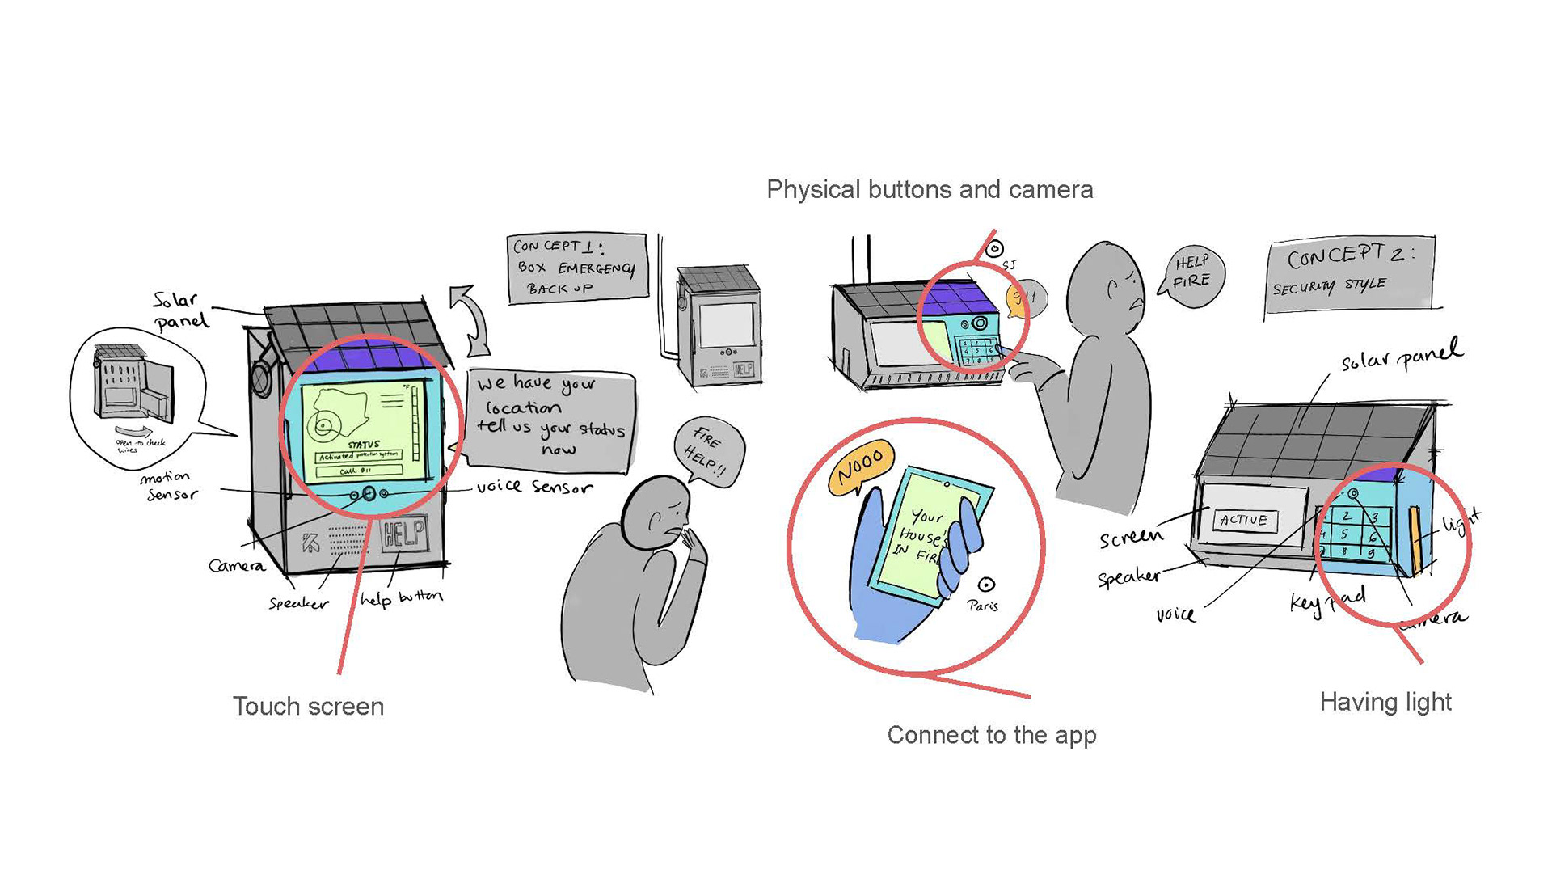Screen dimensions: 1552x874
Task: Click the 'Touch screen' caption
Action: pos(308,707)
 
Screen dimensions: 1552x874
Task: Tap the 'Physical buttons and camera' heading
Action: pos(930,190)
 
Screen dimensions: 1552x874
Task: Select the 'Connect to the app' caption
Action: pos(992,735)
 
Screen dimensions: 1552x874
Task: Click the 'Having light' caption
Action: pos(1385,702)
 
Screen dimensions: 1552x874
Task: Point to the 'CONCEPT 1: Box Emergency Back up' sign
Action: pos(577,268)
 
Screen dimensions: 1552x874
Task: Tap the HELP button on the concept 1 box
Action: pos(403,534)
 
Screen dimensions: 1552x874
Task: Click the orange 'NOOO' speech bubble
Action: pos(861,467)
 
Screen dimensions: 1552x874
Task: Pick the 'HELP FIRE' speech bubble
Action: pos(1193,273)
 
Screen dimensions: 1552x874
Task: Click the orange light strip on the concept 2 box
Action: pos(1415,537)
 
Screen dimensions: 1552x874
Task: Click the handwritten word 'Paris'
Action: pos(982,606)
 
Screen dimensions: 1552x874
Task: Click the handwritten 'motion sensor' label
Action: pos(169,485)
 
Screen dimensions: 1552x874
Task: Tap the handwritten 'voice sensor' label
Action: pos(534,487)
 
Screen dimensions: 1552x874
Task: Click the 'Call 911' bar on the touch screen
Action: pos(358,471)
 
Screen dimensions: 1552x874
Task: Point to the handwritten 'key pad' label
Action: pos(1327,601)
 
